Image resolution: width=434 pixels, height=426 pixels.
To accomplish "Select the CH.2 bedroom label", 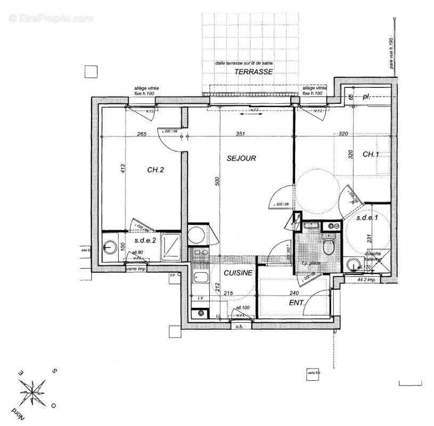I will click(155, 170).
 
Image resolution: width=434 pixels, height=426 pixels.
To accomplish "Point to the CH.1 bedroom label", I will click(371, 154).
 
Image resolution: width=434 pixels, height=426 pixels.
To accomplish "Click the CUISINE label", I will click(238, 273).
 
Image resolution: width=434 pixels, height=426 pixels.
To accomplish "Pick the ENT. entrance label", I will click(296, 303).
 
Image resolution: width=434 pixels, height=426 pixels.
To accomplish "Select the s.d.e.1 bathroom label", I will click(368, 217).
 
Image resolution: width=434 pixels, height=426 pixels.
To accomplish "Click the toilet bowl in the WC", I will click(329, 247).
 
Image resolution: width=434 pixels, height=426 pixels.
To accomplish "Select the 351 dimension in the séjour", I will click(240, 135).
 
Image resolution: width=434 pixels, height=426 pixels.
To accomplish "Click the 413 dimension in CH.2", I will click(122, 169).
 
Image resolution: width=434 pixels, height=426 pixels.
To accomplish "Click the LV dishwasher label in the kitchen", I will click(201, 298).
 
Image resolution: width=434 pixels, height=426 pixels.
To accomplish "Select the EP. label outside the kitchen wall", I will click(173, 276).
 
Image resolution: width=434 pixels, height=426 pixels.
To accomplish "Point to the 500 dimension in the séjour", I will click(217, 181).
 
